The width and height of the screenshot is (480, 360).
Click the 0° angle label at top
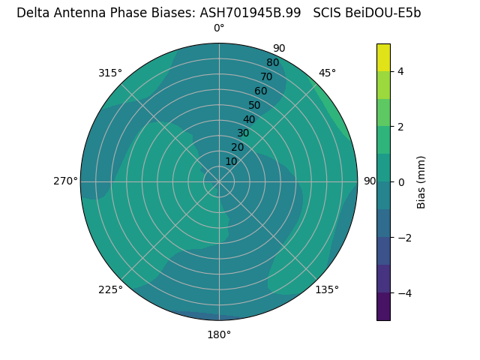[x=219, y=28]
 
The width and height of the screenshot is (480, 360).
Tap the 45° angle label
[x=328, y=73]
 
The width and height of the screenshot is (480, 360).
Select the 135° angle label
[x=327, y=289]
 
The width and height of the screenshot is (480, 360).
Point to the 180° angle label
[x=219, y=334]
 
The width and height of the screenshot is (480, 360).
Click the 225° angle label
[x=110, y=289]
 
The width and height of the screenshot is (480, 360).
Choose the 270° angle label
[x=65, y=181]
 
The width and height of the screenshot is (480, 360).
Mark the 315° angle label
[x=110, y=73]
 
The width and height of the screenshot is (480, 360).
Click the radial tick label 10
[x=231, y=161]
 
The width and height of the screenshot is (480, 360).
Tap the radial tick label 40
[x=249, y=119]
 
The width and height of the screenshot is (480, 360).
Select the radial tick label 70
[x=266, y=77]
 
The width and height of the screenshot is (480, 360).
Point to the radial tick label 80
[x=272, y=63]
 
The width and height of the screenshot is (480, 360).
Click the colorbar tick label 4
[x=401, y=71]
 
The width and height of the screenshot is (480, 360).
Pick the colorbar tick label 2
[x=401, y=127]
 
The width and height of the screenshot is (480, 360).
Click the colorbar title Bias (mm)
[x=421, y=181]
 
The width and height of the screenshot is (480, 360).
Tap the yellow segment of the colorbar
[x=383, y=57]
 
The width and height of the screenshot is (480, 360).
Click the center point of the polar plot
[x=219, y=181]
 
